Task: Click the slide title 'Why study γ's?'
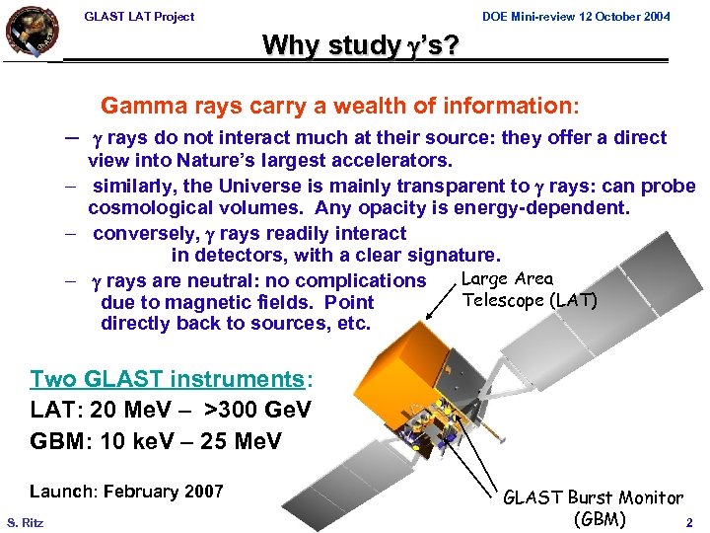[360, 45]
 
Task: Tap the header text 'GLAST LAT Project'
[139, 16]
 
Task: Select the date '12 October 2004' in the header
[620, 16]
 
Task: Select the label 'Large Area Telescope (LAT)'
[529, 290]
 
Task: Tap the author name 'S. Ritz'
[26, 521]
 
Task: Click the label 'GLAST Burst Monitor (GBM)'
[593, 508]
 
